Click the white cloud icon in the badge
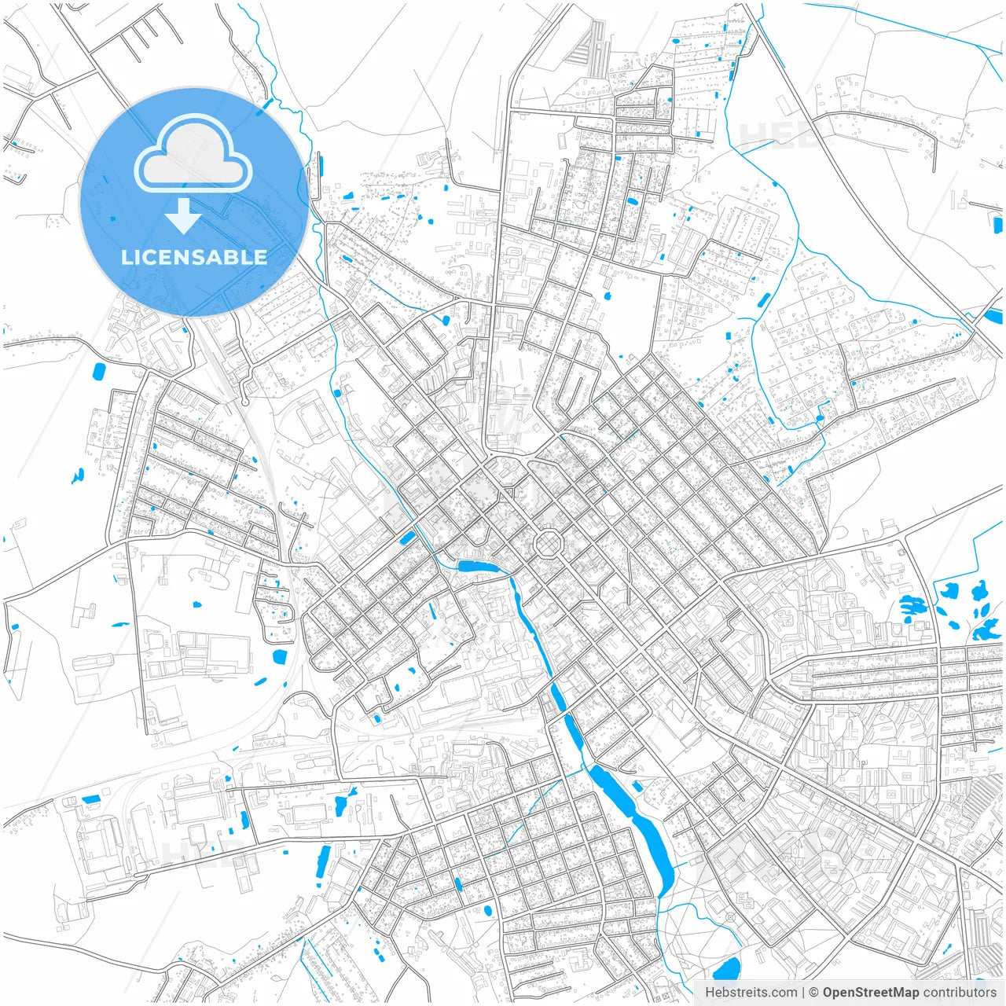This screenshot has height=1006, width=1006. point(193,152)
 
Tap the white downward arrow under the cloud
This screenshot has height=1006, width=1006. point(183,215)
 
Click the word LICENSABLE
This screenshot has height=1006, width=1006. point(193,257)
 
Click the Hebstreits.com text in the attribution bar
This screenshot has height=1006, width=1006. point(751,993)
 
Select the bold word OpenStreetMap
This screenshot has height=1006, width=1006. point(871,993)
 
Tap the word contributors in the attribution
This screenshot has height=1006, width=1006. point(960,993)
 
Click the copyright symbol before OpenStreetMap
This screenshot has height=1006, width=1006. point(814,993)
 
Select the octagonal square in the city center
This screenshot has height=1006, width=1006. point(546,543)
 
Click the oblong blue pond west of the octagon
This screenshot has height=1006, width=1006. point(478,567)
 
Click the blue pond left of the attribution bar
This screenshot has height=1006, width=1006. point(726,971)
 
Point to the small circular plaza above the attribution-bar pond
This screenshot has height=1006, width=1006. point(731,917)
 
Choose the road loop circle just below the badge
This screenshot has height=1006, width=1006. point(245,402)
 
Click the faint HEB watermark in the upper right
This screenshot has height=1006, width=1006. point(778,135)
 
